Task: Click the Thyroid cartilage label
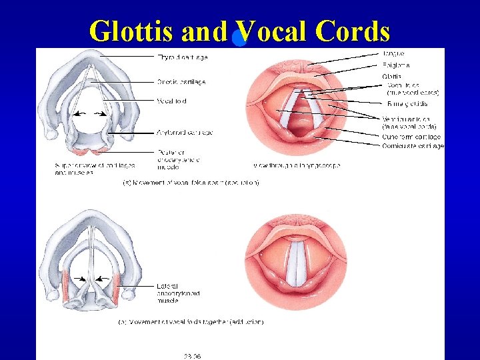(183, 57)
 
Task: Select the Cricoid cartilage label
(181, 82)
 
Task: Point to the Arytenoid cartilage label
(184, 133)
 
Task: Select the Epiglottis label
(396, 65)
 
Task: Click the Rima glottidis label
(407, 104)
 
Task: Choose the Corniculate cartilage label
(413, 146)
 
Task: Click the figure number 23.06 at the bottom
(193, 355)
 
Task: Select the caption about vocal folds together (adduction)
(191, 322)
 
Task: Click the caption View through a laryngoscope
(297, 165)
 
